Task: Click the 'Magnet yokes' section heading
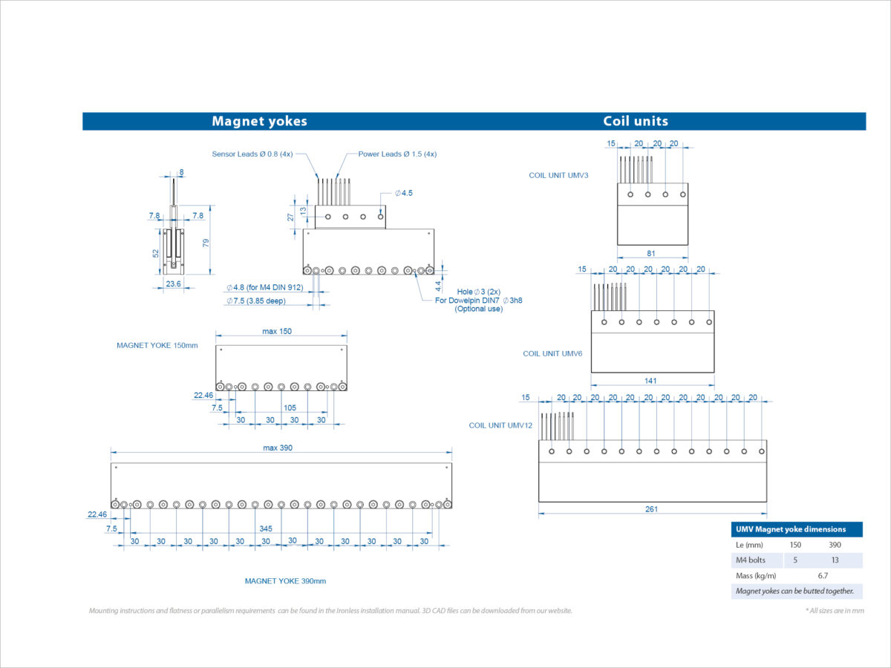(x=259, y=121)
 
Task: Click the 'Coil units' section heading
(x=635, y=121)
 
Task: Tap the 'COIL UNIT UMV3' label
(x=559, y=175)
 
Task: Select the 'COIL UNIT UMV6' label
(x=552, y=353)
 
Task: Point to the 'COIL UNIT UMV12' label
(x=500, y=425)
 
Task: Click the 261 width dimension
(x=651, y=509)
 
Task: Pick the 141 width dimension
(x=650, y=381)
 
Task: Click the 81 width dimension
(x=651, y=253)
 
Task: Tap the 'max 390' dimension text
(x=281, y=448)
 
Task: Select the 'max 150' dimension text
(x=276, y=331)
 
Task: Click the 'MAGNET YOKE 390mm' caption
(x=285, y=581)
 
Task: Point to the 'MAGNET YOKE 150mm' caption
(x=157, y=345)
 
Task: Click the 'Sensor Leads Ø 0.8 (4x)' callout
(x=252, y=154)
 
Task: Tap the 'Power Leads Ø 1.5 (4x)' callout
(x=397, y=154)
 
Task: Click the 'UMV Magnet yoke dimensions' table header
(x=791, y=529)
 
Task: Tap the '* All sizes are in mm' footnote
(x=835, y=610)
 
